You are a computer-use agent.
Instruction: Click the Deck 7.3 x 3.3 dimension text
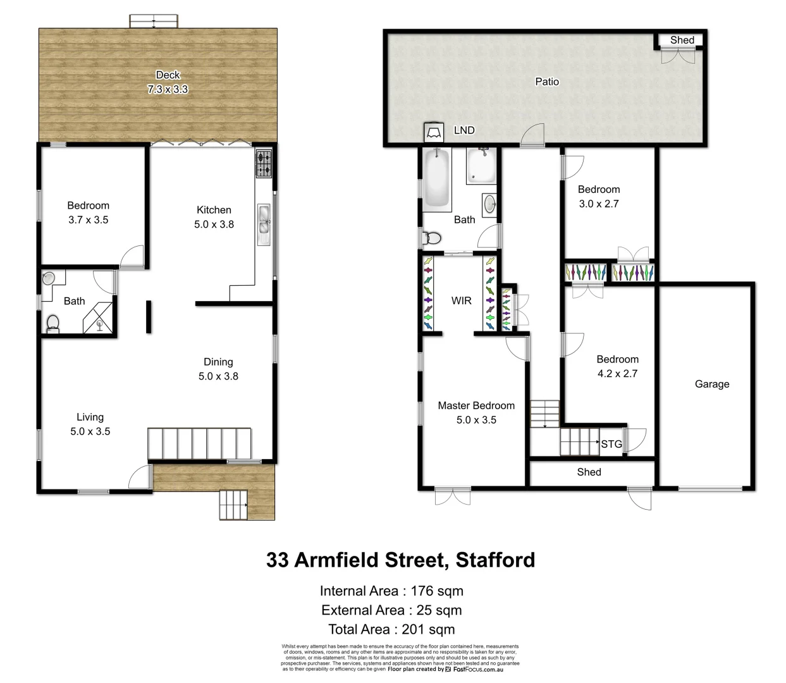coord(168,90)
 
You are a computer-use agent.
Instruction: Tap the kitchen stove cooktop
coord(264,163)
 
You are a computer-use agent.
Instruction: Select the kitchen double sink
coord(264,224)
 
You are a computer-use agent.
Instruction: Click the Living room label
coord(90,417)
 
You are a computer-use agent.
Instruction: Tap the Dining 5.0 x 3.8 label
coord(218,369)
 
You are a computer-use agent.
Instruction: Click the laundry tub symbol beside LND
coord(433,132)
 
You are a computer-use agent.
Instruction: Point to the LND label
coord(464,130)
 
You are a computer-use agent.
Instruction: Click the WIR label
coord(461,301)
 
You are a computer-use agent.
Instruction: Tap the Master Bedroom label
coord(476,406)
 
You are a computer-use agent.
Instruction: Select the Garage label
coord(712,384)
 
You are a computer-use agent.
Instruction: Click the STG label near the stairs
coord(611,444)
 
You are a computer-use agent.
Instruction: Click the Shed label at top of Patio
coord(682,40)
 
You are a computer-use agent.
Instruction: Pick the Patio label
coord(547,82)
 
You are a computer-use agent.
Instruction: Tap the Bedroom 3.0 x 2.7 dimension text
coord(599,204)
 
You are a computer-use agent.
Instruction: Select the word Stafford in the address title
coord(495,560)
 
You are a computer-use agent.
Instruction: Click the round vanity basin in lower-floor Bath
coord(489,204)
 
